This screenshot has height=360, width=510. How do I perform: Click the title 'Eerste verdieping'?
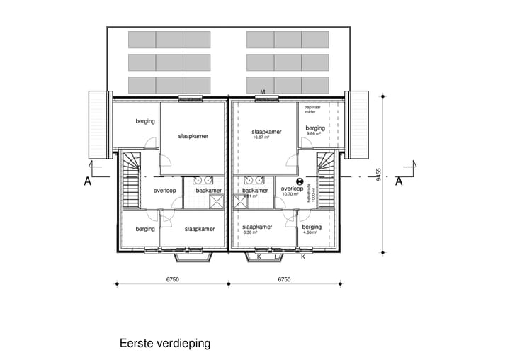coord(165,344)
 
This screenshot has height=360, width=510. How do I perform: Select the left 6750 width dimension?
coord(172,279)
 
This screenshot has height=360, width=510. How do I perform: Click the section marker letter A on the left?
coord(88,181)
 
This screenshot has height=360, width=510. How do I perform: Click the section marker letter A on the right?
coord(399,181)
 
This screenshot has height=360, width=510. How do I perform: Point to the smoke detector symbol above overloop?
coord(299,181)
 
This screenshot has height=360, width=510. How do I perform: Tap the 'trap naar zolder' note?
coord(313,110)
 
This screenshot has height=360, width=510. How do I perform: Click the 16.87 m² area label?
coord(262,139)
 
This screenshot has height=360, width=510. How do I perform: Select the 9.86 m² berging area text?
coord(314,134)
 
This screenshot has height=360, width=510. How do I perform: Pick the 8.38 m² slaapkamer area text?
coord(250,233)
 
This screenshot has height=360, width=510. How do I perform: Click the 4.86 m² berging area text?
coord(311,233)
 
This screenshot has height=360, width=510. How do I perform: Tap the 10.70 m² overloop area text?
coord(291,194)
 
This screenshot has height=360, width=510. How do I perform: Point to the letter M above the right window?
coord(263,93)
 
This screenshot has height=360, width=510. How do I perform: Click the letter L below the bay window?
coord(276,257)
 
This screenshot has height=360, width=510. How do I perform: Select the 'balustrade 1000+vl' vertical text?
coord(310,192)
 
